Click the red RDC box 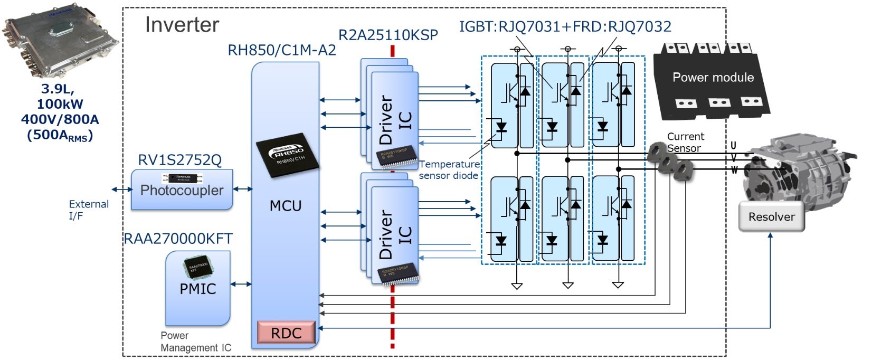(x=286, y=333)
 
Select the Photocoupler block (x=182, y=190)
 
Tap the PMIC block (x=198, y=289)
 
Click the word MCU (x=286, y=205)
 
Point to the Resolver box (x=771, y=216)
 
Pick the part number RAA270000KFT (x=178, y=239)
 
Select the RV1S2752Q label (x=179, y=160)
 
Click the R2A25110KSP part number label (x=388, y=35)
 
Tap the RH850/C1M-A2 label (x=281, y=50)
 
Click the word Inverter (x=182, y=25)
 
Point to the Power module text (x=713, y=78)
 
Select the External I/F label (x=88, y=210)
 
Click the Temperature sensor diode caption (x=449, y=170)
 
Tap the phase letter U (x=733, y=146)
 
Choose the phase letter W (x=734, y=170)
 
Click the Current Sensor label (x=685, y=142)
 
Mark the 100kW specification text (x=60, y=104)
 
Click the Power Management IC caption (x=195, y=342)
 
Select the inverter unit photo (x=61, y=45)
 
